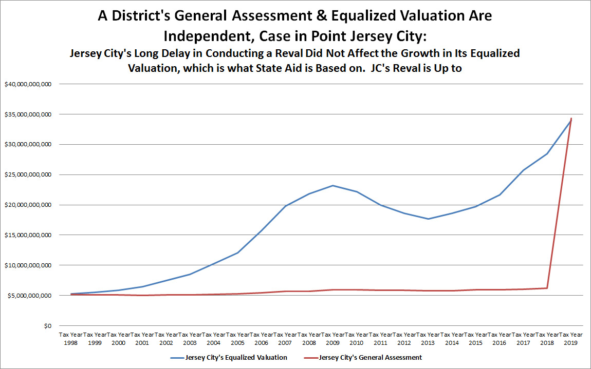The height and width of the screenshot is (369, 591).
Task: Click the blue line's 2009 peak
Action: click(x=333, y=185)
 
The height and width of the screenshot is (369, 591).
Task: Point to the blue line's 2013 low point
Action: click(x=429, y=219)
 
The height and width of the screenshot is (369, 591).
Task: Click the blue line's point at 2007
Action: click(x=285, y=206)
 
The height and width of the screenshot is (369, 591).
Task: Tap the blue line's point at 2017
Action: click(x=524, y=170)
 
